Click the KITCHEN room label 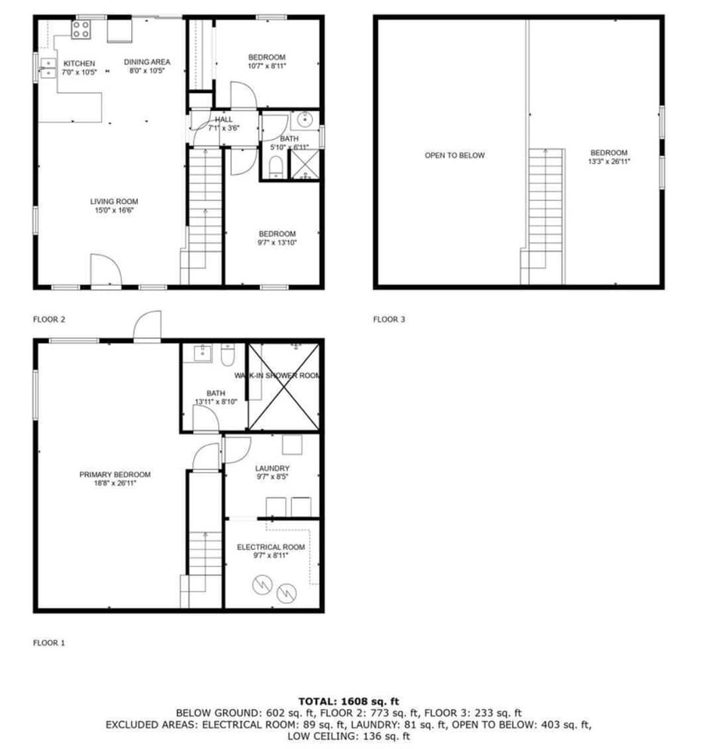[x=79, y=63]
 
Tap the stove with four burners [x=81, y=30]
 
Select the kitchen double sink [x=48, y=68]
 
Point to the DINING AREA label [x=147, y=62]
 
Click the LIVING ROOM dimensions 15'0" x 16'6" [x=114, y=211]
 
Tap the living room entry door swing [x=105, y=270]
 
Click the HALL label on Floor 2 [x=224, y=119]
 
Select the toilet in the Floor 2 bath [x=276, y=166]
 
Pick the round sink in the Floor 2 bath [x=305, y=119]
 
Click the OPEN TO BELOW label [x=454, y=156]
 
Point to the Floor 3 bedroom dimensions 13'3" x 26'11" [x=609, y=162]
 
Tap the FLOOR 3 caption [x=389, y=319]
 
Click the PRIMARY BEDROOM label [x=115, y=474]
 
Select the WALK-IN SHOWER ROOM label [x=278, y=375]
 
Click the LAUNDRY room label [x=272, y=468]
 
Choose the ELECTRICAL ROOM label [x=271, y=547]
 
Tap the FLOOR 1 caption [x=49, y=643]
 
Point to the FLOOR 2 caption [x=49, y=319]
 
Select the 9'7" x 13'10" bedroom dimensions [x=277, y=242]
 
